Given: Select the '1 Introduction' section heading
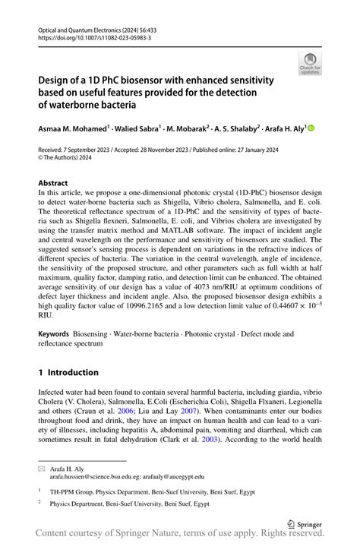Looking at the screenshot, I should (x=68, y=372).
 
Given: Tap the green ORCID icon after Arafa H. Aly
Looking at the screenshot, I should (x=310, y=128).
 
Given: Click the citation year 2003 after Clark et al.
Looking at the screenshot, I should (x=210, y=438).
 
